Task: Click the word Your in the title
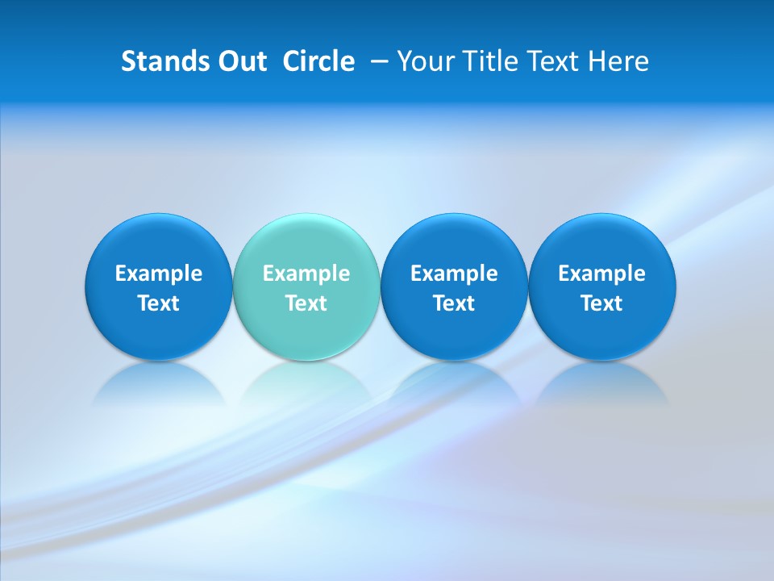tap(422, 61)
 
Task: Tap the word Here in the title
tap(618, 61)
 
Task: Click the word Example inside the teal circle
tap(306, 274)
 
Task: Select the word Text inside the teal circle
tap(306, 303)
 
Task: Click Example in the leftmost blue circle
tap(159, 274)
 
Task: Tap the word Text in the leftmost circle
tap(159, 303)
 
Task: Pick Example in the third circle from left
tap(454, 274)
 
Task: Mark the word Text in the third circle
tap(454, 303)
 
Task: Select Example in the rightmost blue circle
tap(601, 274)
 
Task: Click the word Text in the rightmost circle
tap(601, 303)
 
